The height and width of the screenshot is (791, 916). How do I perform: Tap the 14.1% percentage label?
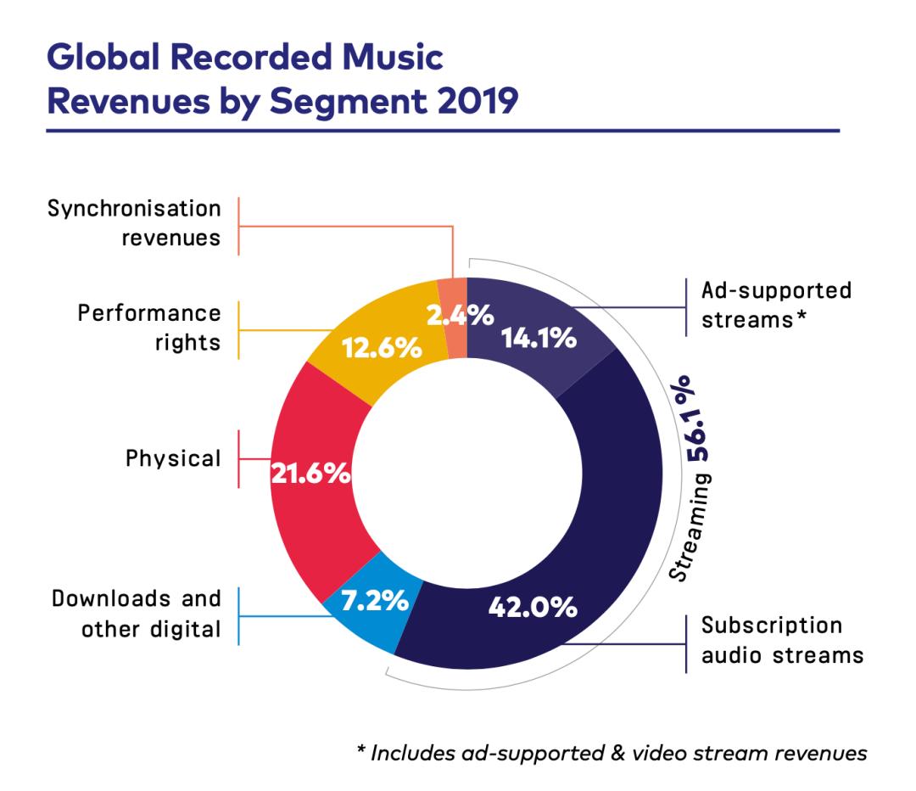pyautogui.click(x=539, y=338)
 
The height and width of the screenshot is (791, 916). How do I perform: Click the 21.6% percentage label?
pyautogui.click(x=310, y=474)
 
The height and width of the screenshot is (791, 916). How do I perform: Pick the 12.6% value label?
pyautogui.click(x=381, y=347)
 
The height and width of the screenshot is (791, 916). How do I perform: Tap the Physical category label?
pyautogui.click(x=173, y=459)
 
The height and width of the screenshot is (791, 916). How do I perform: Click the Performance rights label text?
pyautogui.click(x=149, y=327)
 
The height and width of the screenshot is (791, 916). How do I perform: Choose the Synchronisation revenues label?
pyautogui.click(x=134, y=222)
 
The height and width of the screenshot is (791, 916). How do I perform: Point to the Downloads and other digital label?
pyautogui.click(x=137, y=614)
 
